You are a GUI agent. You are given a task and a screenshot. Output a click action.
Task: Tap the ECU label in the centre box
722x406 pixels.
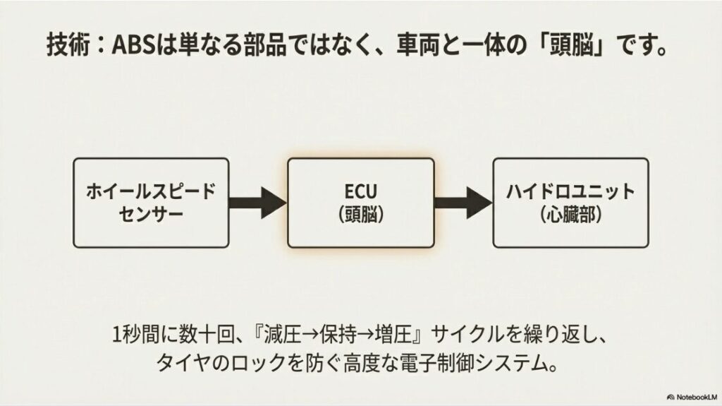coord(360,191)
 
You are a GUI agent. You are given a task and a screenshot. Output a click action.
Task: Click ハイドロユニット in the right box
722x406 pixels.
coord(570,191)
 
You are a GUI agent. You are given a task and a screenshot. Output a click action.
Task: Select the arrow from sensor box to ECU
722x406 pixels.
coord(258,202)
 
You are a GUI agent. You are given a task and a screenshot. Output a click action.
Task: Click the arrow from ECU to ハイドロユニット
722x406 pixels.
coord(463,202)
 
